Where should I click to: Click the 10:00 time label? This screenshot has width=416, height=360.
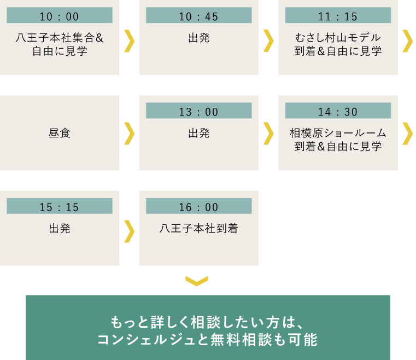tap(60, 16)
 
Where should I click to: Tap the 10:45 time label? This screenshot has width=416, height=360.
tap(198, 16)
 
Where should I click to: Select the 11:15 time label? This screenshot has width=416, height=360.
tap(338, 16)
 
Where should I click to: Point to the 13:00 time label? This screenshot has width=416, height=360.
tap(198, 112)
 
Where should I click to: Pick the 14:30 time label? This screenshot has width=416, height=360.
tap(338, 112)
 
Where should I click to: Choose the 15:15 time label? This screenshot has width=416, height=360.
tap(60, 207)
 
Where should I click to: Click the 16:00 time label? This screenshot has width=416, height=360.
tap(198, 207)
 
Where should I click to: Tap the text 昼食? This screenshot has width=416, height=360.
tap(60, 133)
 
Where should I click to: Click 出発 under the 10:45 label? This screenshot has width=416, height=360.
tap(198, 38)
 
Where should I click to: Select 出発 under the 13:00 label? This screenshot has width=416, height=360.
tap(198, 133)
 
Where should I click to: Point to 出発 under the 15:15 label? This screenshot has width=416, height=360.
tap(60, 228)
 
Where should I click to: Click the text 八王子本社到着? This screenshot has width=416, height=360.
tap(198, 228)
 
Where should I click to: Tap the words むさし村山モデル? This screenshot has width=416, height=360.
tap(338, 38)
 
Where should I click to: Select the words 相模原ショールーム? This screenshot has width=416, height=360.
tap(338, 133)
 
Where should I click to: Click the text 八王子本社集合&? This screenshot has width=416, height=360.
tap(60, 38)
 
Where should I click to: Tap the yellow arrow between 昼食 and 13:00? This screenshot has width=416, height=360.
tap(129, 133)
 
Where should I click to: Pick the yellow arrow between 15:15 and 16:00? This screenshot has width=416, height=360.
tap(129, 231)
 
